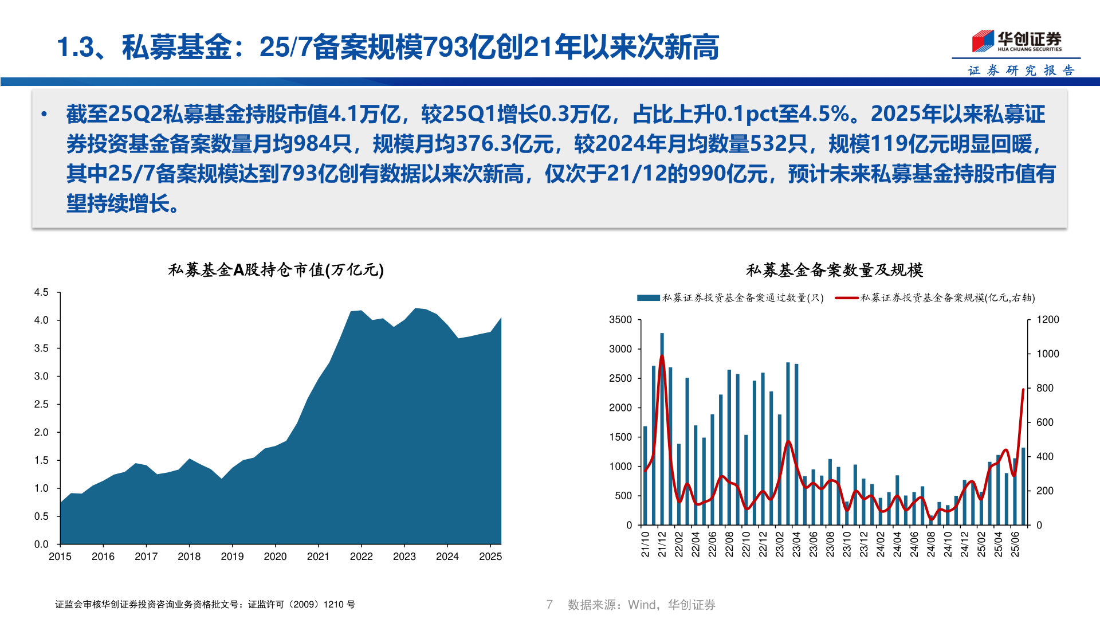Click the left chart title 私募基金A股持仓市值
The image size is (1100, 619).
coord(276,270)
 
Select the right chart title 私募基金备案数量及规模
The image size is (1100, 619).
coord(834,270)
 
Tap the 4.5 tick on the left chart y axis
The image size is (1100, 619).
coord(41,292)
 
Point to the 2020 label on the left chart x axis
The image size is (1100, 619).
coord(275,557)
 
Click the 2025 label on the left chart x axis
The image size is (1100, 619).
coord(490,557)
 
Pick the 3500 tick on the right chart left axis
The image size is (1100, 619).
coord(620,320)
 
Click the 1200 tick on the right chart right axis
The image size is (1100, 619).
coord(1047,320)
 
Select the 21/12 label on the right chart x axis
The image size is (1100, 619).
coord(662,544)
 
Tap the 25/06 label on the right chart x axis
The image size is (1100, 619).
coord(1015,544)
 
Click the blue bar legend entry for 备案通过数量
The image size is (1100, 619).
coord(730,298)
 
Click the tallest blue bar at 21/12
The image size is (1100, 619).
coord(662,430)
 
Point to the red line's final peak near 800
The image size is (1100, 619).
coord(1023,390)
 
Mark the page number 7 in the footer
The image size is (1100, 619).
coord(549,605)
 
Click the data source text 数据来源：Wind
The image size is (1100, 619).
coord(641,605)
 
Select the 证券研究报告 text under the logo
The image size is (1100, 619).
coord(1021,70)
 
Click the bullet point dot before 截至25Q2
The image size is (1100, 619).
coord(44,114)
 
